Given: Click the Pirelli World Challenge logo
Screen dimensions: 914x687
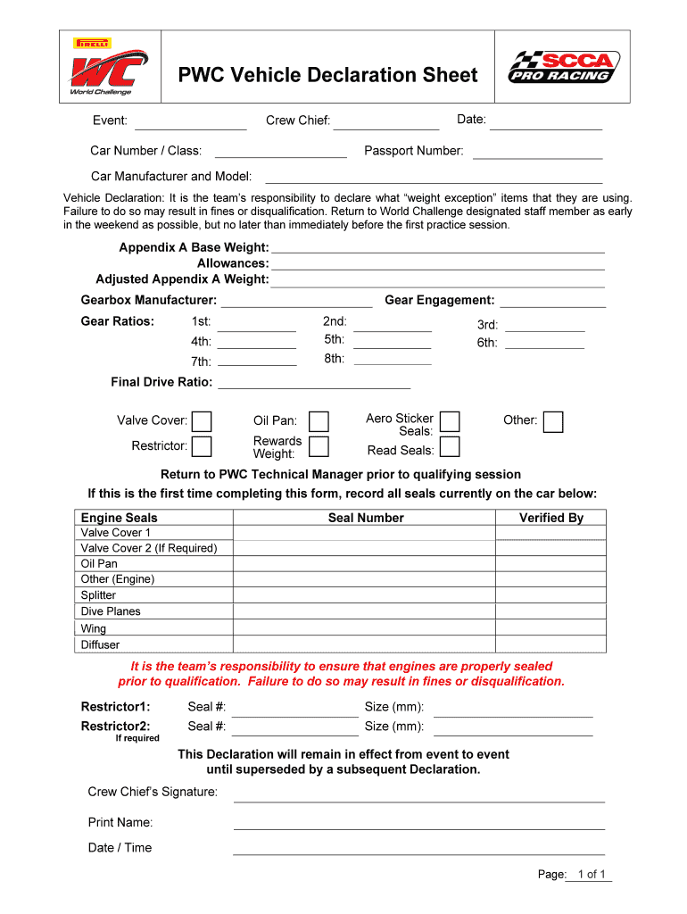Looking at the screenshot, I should [105, 67].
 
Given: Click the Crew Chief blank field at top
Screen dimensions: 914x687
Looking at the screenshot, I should [386, 121].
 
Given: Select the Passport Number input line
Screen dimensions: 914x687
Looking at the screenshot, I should [537, 152].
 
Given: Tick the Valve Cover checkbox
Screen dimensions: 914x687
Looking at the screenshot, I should [203, 421].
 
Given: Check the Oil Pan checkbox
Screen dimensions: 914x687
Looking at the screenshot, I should [319, 421].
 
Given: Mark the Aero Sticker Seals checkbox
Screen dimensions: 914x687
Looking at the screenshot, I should [451, 421].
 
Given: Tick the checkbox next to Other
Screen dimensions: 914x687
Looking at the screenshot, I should [554, 421].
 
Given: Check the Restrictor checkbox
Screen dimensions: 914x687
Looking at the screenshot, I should [203, 446].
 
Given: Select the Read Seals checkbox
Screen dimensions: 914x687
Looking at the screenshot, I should [451, 446].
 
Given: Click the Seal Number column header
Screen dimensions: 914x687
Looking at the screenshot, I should [366, 518].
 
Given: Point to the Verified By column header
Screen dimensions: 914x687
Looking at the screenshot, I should [550, 518].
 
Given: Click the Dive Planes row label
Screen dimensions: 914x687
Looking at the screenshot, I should [111, 611].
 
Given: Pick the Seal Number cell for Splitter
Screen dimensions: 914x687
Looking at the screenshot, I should [364, 595].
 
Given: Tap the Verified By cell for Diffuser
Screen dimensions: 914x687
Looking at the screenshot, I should [550, 644].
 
